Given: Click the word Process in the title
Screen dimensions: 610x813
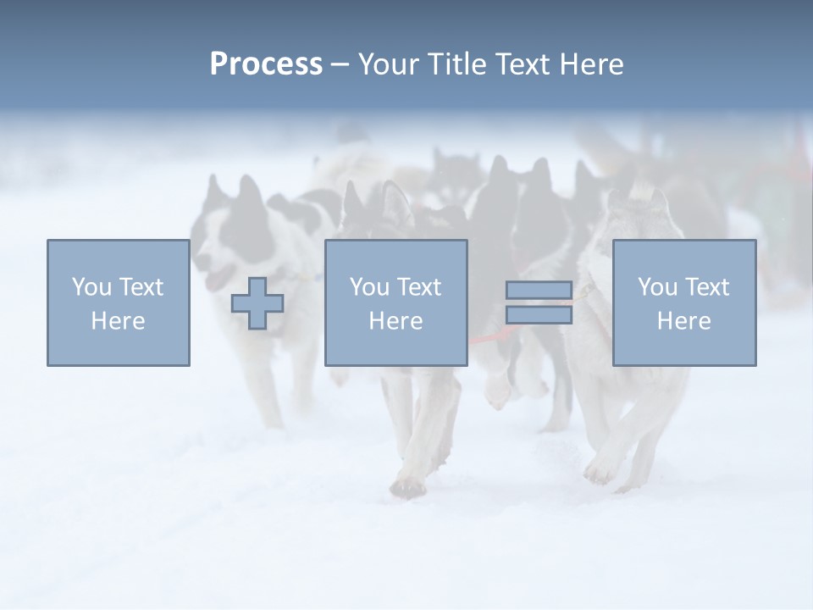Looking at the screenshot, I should pyautogui.click(x=266, y=64).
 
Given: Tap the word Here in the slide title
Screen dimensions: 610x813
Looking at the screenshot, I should pyautogui.click(x=591, y=64).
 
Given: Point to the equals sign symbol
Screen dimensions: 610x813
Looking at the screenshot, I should pyautogui.click(x=539, y=302).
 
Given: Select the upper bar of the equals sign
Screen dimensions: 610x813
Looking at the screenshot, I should pyautogui.click(x=539, y=291).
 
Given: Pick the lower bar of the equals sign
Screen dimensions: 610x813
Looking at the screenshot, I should pyautogui.click(x=539, y=315).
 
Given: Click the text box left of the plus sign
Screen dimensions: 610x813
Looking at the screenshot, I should pyautogui.click(x=119, y=302).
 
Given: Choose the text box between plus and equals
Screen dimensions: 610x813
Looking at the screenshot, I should pyautogui.click(x=395, y=302).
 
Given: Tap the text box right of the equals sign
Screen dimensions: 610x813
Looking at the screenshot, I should pyautogui.click(x=683, y=302).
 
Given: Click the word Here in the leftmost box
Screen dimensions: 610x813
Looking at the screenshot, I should pyautogui.click(x=119, y=321).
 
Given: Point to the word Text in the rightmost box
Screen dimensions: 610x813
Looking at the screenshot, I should pyautogui.click(x=706, y=287).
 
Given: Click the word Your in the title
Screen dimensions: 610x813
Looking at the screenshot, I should pyautogui.click(x=388, y=64).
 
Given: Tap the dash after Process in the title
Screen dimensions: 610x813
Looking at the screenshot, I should pyautogui.click(x=340, y=65).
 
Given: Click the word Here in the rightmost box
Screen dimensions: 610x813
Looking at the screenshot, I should pyautogui.click(x=683, y=321).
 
